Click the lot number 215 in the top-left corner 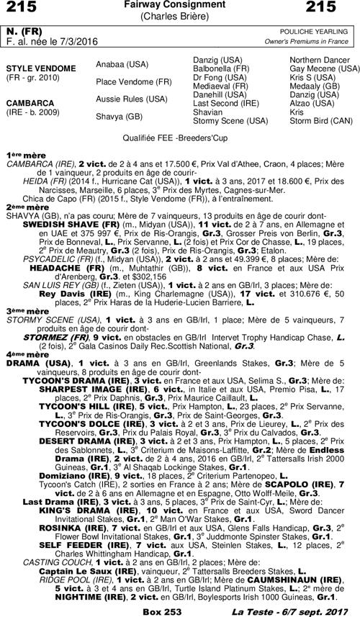[x=22, y=8]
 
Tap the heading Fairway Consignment [x=180, y=6]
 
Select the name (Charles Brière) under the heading [x=180, y=17]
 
